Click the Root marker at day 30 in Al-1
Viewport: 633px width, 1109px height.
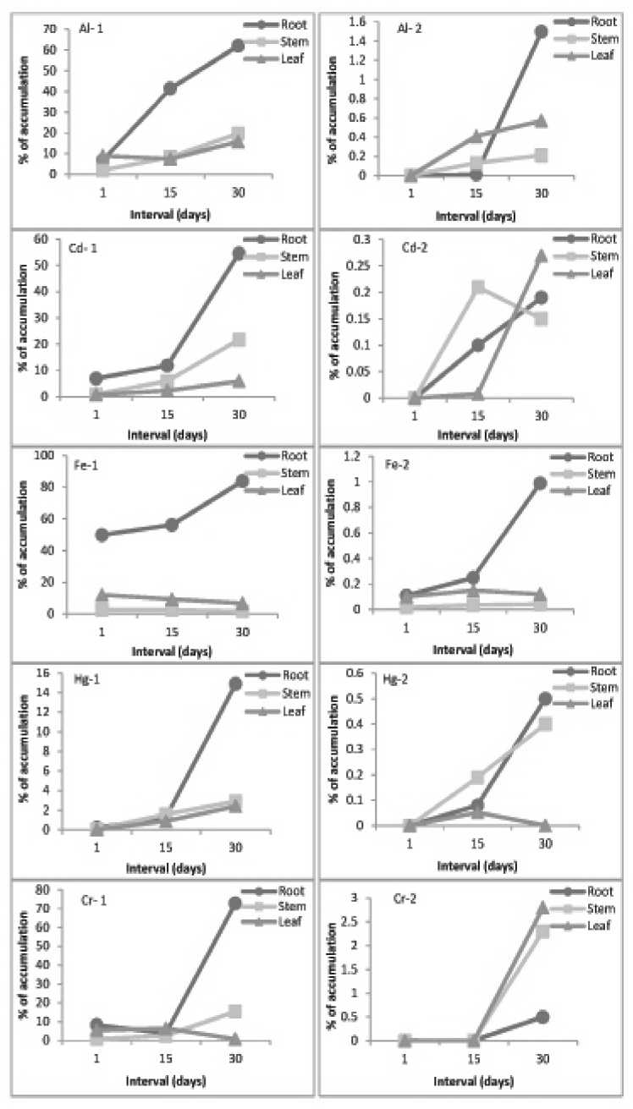pyautogui.click(x=237, y=46)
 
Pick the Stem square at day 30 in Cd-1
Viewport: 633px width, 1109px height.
pyautogui.click(x=239, y=339)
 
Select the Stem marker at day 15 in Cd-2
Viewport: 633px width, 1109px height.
pyautogui.click(x=477, y=288)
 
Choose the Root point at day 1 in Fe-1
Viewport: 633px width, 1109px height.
pyautogui.click(x=102, y=535)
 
